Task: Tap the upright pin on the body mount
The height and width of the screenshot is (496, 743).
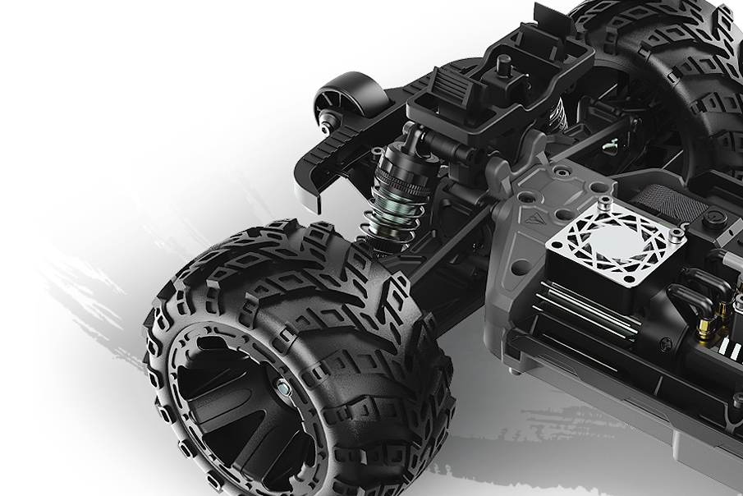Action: tap(504, 65)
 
